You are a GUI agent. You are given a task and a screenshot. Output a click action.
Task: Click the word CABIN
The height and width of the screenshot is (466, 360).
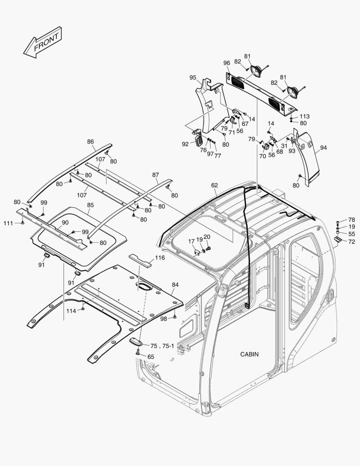tap(249, 354)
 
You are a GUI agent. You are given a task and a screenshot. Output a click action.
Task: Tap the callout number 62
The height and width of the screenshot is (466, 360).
tap(214, 185)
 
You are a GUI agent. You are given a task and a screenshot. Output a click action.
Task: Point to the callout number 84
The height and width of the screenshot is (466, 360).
tap(175, 285)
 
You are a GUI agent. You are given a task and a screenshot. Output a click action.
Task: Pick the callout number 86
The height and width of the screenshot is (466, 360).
tap(90, 142)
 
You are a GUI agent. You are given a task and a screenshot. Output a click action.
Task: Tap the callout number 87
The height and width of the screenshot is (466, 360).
tap(156, 175)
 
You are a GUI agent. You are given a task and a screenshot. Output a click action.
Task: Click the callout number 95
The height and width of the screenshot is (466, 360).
tap(193, 78)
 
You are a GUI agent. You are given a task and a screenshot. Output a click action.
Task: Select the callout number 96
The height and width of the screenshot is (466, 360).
tap(226, 63)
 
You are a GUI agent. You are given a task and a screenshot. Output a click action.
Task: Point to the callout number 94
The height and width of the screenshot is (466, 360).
tap(323, 148)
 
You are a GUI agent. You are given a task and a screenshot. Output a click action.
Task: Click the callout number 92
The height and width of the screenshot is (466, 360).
tap(185, 144)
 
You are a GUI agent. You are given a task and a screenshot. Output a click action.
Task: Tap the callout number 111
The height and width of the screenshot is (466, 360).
tap(8, 223)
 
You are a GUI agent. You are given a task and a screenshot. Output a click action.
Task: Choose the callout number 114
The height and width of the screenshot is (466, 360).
tap(71, 311)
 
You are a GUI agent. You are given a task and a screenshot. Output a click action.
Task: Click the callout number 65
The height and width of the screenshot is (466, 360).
tap(150, 357)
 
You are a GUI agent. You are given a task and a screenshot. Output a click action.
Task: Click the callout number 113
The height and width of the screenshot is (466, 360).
tap(305, 116)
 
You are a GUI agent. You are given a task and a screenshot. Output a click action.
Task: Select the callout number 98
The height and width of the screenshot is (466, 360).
tap(163, 318)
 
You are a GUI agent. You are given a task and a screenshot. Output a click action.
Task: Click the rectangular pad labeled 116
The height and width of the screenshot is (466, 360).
tap(141, 260)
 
